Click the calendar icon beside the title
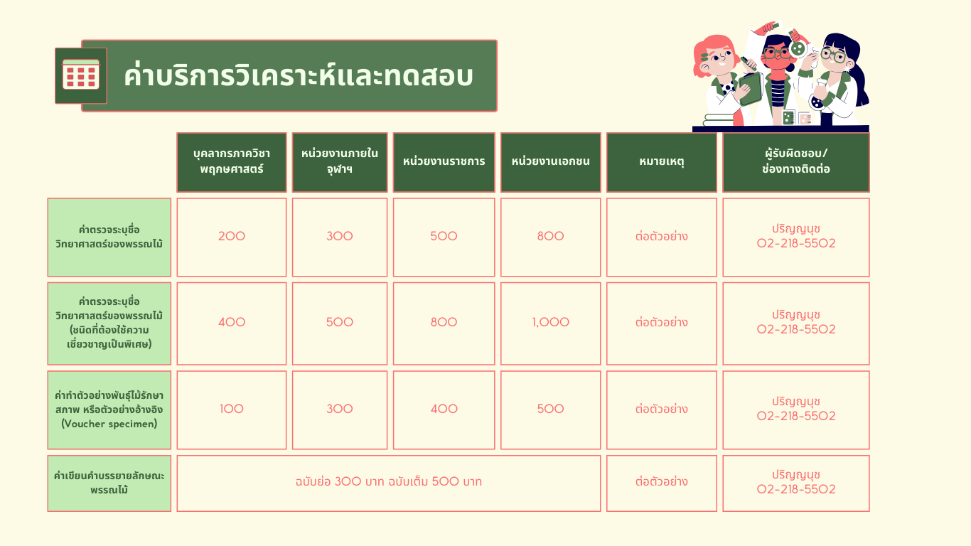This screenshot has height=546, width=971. point(81,75)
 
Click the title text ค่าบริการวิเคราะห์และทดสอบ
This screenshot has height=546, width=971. point(299,76)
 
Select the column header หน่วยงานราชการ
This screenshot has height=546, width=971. point(444,162)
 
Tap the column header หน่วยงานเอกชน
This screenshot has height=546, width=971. point(550,162)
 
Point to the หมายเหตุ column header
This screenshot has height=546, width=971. point(662,162)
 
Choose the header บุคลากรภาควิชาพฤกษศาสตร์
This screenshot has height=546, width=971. point(232,162)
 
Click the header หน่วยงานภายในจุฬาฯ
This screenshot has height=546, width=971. point(339,162)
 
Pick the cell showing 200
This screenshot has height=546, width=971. point(232,237)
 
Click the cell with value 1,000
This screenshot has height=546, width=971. point(550,323)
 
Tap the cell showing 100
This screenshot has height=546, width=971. point(232,409)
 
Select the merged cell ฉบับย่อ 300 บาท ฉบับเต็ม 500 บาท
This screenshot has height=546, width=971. point(388,483)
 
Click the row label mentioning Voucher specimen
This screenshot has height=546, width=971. point(109,409)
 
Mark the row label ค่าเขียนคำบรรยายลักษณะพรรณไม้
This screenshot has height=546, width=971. point(109,483)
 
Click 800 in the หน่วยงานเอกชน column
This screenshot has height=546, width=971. point(550,236)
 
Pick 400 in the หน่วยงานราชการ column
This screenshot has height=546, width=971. point(444,409)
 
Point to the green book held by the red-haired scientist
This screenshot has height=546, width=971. point(751,89)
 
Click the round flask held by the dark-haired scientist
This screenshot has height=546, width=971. point(817,102)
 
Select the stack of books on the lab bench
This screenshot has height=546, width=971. point(719,119)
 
